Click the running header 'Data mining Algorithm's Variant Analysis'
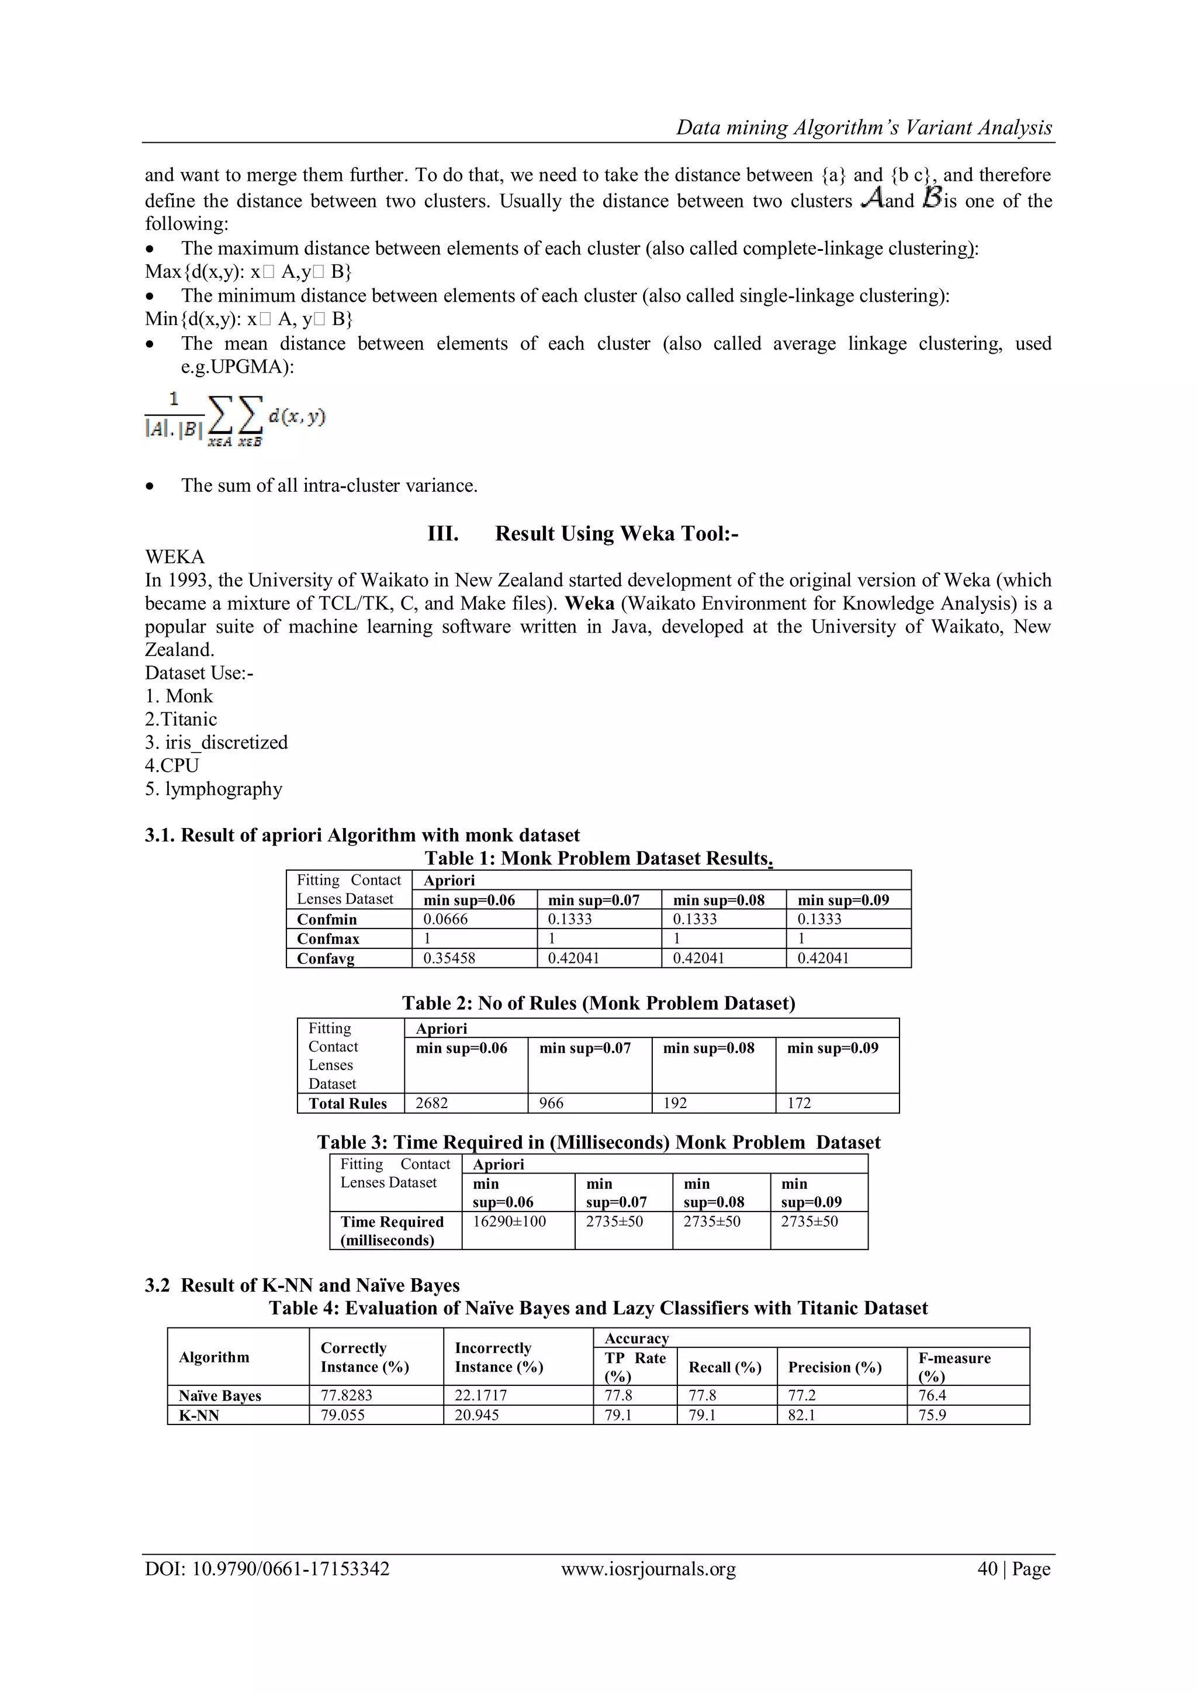tap(864, 127)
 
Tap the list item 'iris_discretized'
tap(217, 742)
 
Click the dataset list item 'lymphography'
tap(214, 789)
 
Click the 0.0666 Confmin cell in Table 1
tap(445, 919)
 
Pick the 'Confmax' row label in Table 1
tap(328, 939)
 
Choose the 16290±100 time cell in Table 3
tap(509, 1221)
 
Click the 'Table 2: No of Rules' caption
tap(598, 1003)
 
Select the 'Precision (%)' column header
tap(834, 1367)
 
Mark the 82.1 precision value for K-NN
tap(802, 1415)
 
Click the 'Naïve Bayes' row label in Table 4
tap(220, 1395)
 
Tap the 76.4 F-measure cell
tap(932, 1395)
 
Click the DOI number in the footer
tap(267, 1569)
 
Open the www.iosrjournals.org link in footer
tap(648, 1569)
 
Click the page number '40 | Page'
tap(1013, 1569)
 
